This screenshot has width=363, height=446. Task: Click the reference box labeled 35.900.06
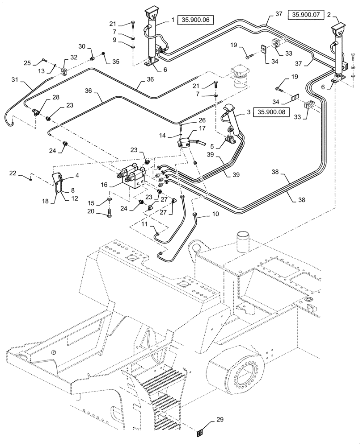196,20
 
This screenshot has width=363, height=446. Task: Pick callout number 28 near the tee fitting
55,97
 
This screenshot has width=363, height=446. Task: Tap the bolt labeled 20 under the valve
109,213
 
